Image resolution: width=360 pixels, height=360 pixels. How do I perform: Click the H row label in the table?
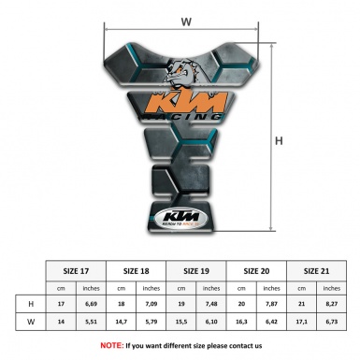[x=31, y=305]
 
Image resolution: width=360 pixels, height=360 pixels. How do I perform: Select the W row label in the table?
[x=31, y=323]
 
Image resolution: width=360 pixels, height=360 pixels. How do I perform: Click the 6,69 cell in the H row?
[x=92, y=305]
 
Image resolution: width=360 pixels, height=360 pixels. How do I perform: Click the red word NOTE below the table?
[x=110, y=345]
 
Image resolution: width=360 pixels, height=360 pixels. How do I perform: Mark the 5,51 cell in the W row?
[x=92, y=323]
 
